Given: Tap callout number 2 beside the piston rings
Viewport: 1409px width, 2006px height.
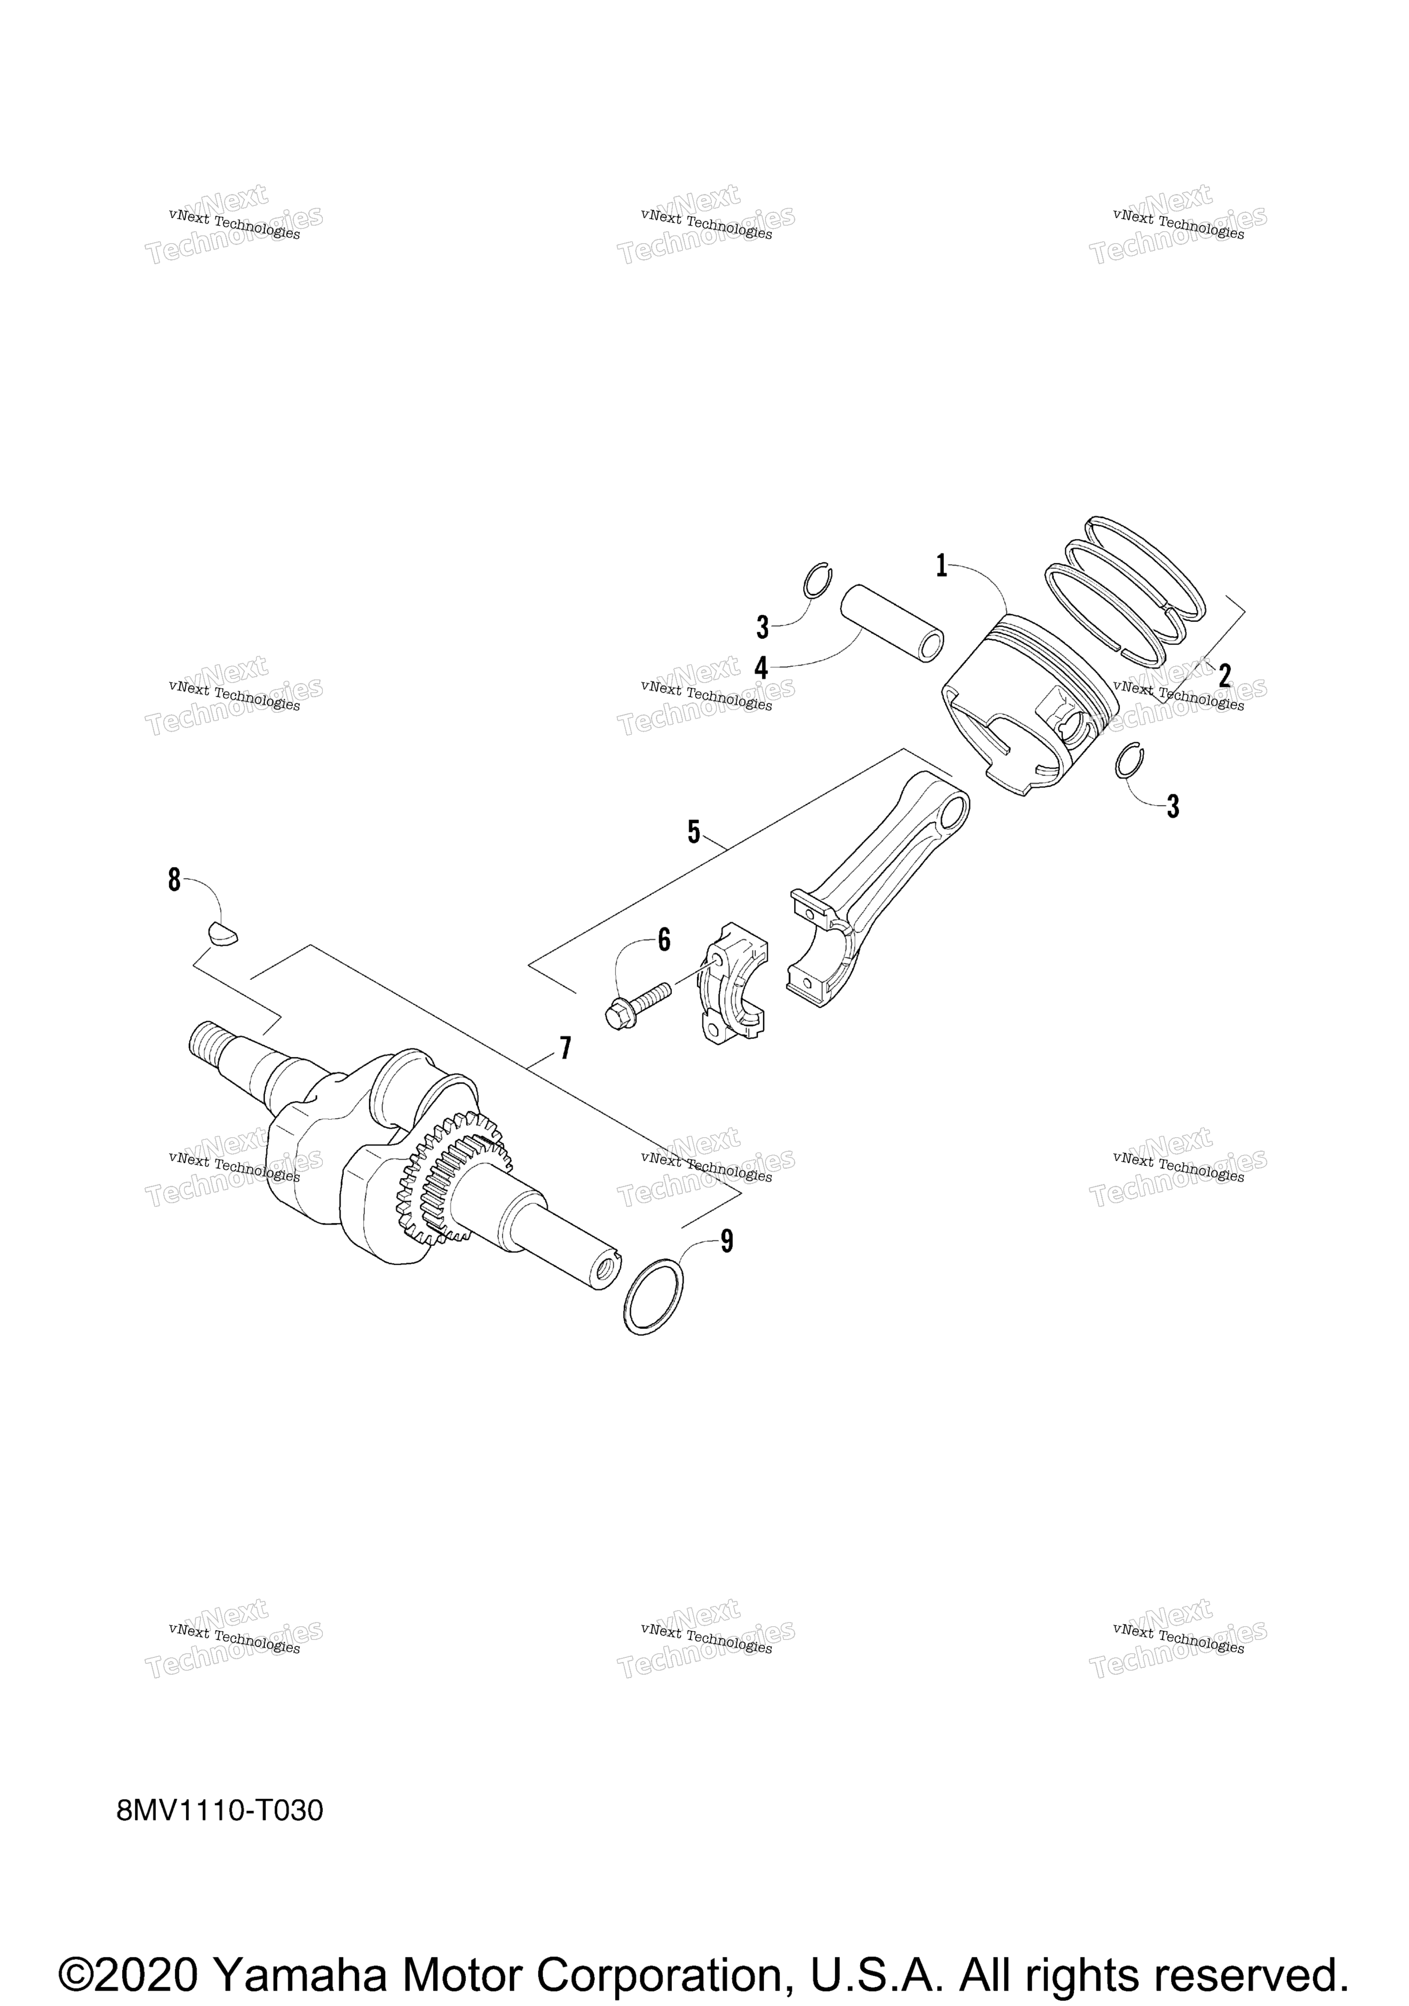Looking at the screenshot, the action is point(1225,675).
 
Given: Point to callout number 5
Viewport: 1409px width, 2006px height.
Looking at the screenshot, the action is point(693,832).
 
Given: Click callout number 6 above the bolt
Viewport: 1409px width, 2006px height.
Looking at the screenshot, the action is point(664,940).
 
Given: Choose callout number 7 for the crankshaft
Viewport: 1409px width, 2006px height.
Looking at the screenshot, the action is point(565,1048).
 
